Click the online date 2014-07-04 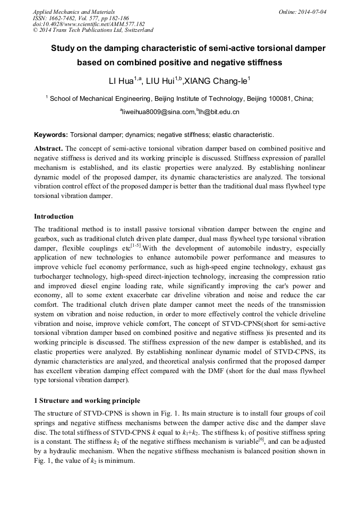pos(313,12)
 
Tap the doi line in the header pos(89,24)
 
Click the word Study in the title pos(63,48)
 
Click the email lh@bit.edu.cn pos(219,112)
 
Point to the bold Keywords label pos(51,135)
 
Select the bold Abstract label pos(48,149)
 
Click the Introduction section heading pos(54,217)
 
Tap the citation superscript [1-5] pos(136,246)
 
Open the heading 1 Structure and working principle pos(87,400)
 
